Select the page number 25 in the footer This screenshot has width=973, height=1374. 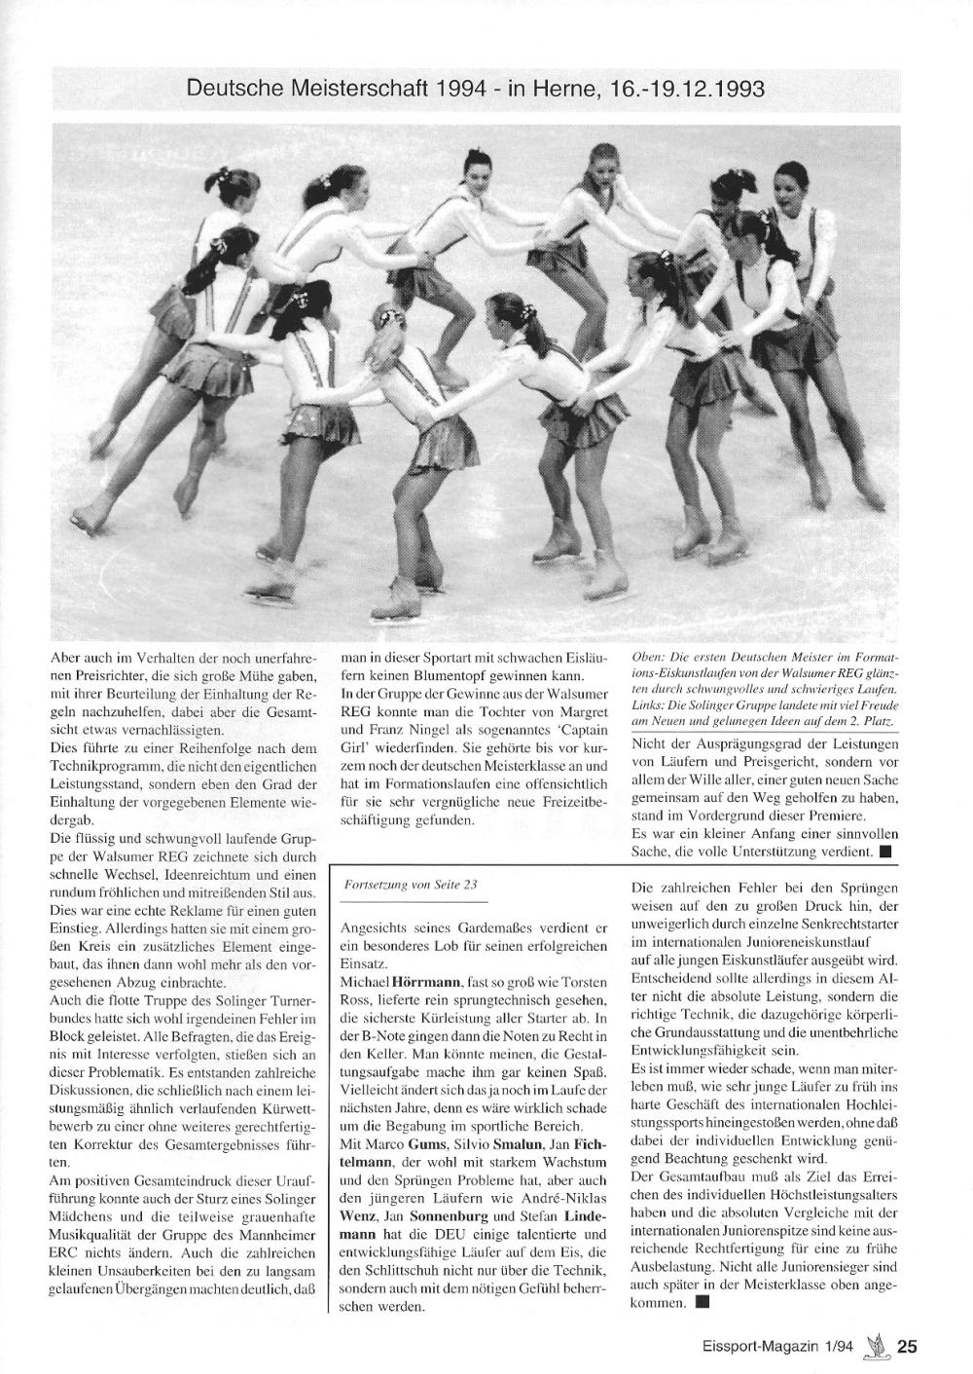(x=906, y=1347)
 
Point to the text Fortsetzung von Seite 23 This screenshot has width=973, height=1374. (x=411, y=885)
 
